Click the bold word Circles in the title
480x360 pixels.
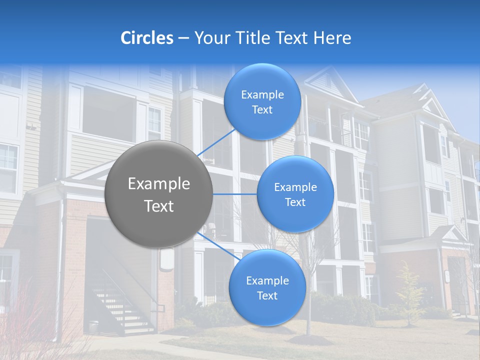coord(147,38)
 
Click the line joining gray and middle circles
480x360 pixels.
coord(235,194)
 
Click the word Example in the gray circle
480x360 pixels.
coord(159,184)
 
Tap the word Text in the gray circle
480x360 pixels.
coord(159,206)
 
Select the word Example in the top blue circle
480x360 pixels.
coord(262,94)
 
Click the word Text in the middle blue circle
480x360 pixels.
coord(295,202)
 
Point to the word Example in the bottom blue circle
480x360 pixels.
coord(267,280)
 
